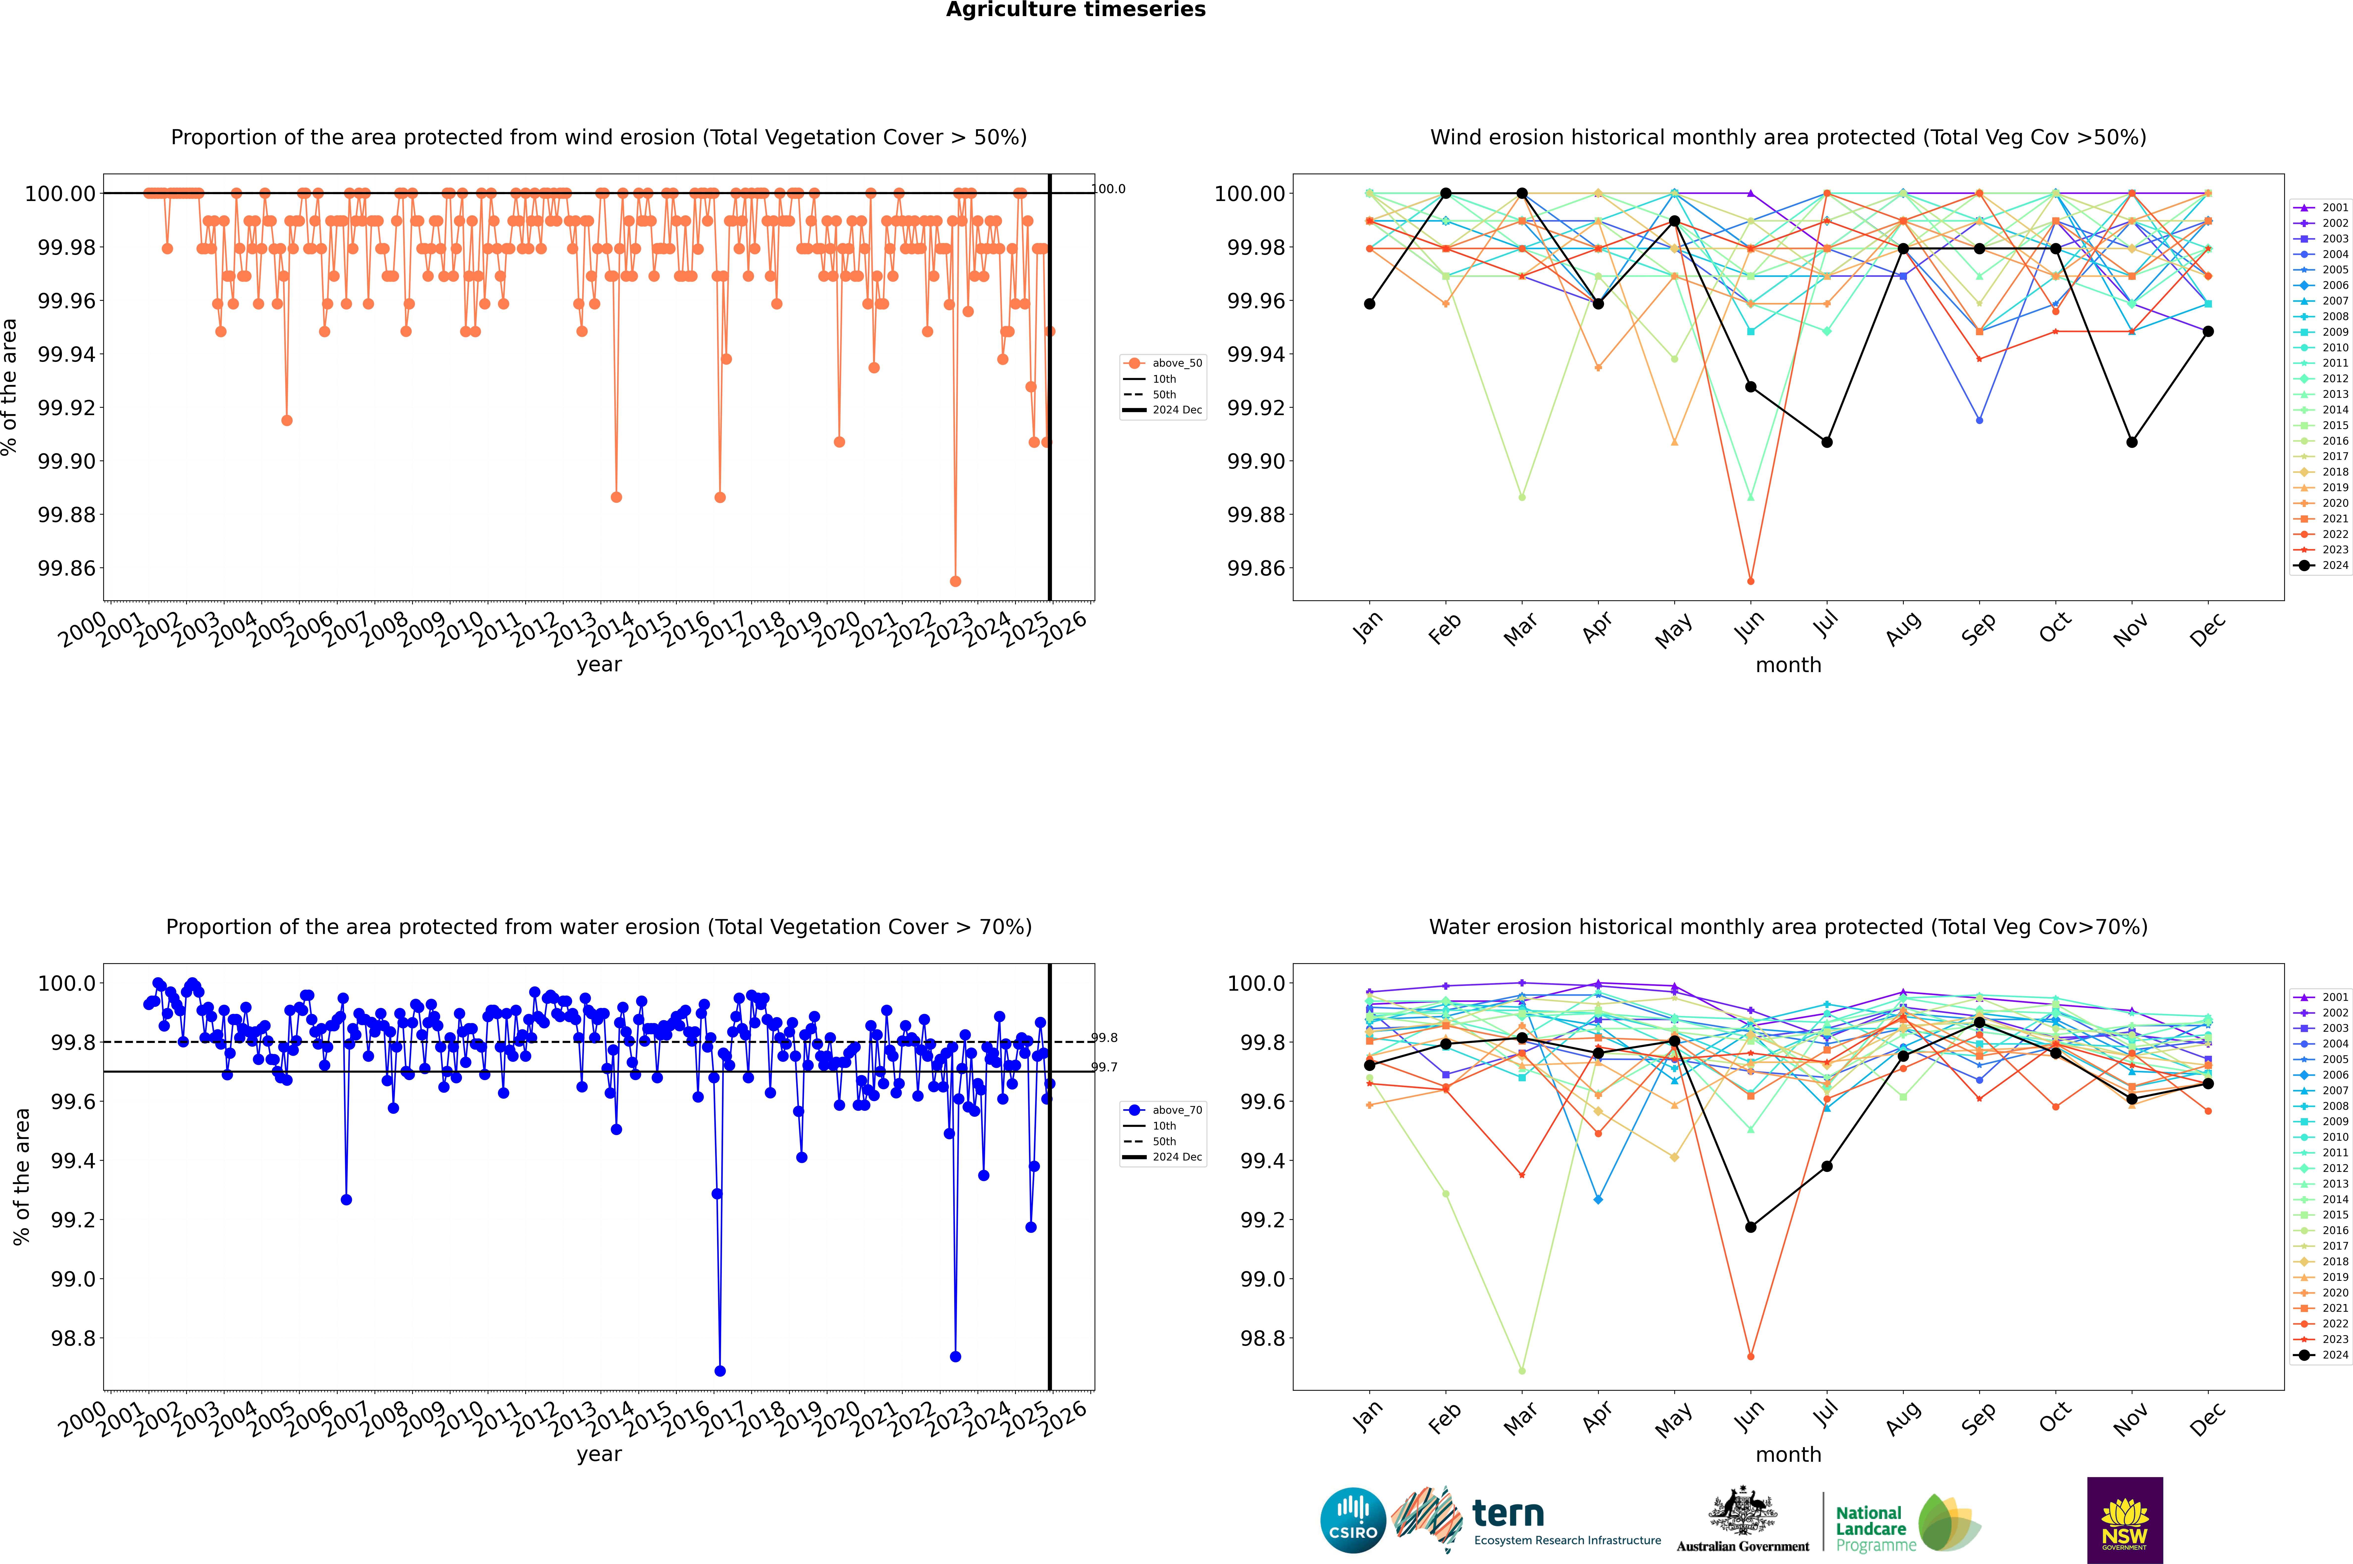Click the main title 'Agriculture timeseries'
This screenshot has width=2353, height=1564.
coord(1075,10)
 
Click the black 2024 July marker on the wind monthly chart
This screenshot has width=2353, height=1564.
coord(1826,442)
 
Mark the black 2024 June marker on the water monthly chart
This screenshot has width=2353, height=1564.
coord(1751,1227)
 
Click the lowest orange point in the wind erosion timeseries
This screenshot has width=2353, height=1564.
coord(955,581)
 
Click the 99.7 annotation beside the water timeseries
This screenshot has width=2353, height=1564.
coord(1104,1067)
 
